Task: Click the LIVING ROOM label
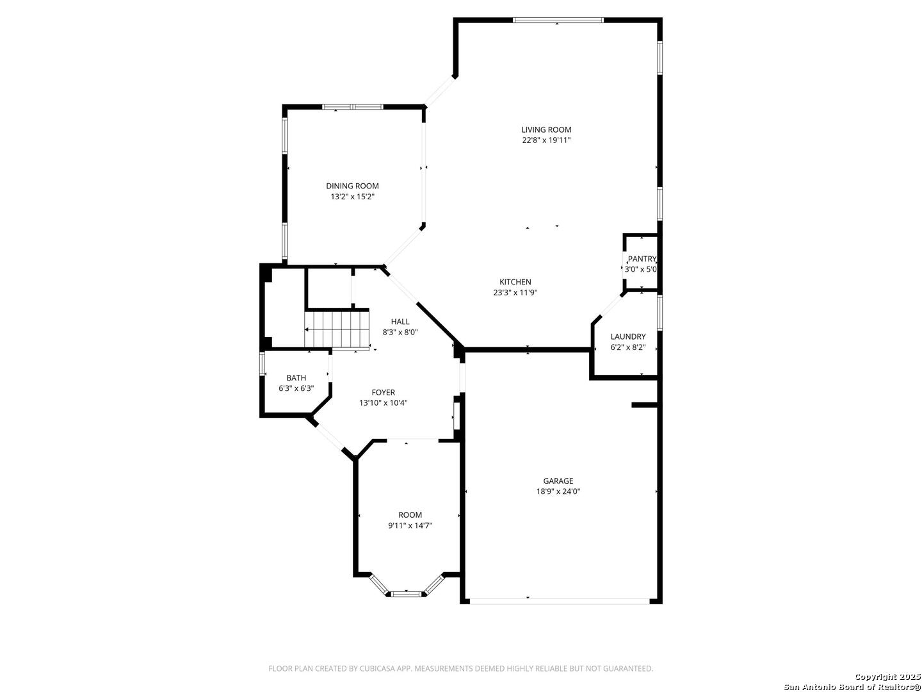tap(546, 130)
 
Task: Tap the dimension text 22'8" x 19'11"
tap(546, 140)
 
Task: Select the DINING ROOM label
tap(352, 186)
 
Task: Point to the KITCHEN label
tap(515, 282)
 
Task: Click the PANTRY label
tap(642, 259)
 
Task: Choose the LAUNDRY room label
tap(627, 336)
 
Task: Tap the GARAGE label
tap(558, 481)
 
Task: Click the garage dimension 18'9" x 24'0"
tap(558, 491)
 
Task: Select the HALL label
tap(400, 322)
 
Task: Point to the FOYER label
tap(383, 392)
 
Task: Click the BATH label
tap(296, 378)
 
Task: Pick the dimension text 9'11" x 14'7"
tap(410, 525)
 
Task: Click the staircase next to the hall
tap(336, 330)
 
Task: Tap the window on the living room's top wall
tap(558, 20)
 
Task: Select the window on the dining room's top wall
tap(352, 107)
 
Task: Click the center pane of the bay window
tap(406, 594)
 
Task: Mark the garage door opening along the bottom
tap(560, 601)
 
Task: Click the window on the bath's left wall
tap(262, 364)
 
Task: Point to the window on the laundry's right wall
tap(659, 312)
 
